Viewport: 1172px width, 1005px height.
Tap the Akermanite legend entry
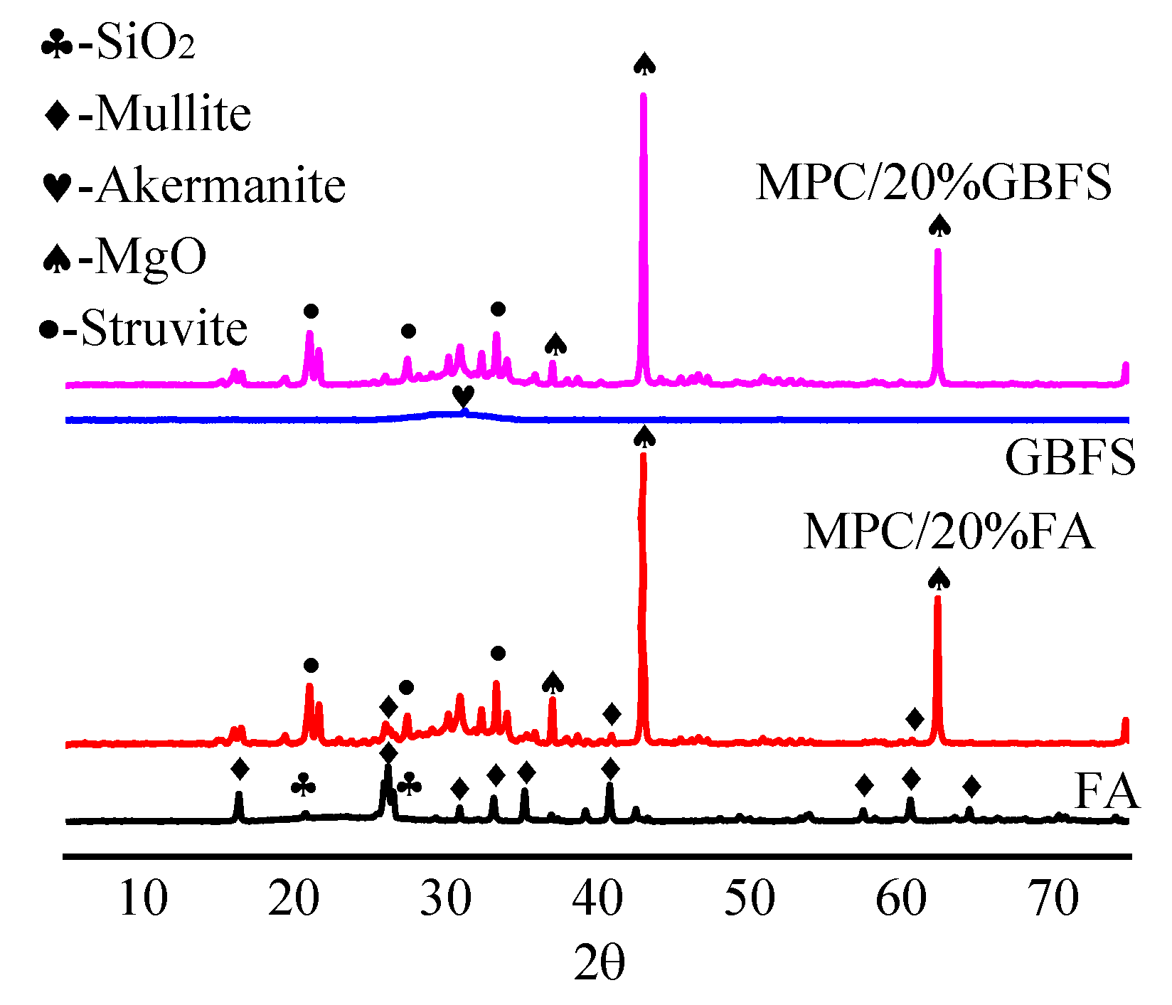pyautogui.click(x=194, y=186)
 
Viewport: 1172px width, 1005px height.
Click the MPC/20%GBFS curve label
pyautogui.click(x=933, y=183)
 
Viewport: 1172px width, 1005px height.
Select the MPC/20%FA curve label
pyautogui.click(x=948, y=531)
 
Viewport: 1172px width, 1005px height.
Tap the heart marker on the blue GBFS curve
pyautogui.click(x=463, y=396)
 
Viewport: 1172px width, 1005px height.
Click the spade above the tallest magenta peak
pyautogui.click(x=644, y=64)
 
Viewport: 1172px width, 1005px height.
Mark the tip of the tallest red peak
pyautogui.click(x=644, y=455)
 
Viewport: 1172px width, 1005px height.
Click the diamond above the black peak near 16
pyautogui.click(x=240, y=769)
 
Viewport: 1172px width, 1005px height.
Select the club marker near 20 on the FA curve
pyautogui.click(x=304, y=785)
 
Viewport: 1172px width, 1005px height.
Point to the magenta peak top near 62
pyautogui.click(x=937, y=250)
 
